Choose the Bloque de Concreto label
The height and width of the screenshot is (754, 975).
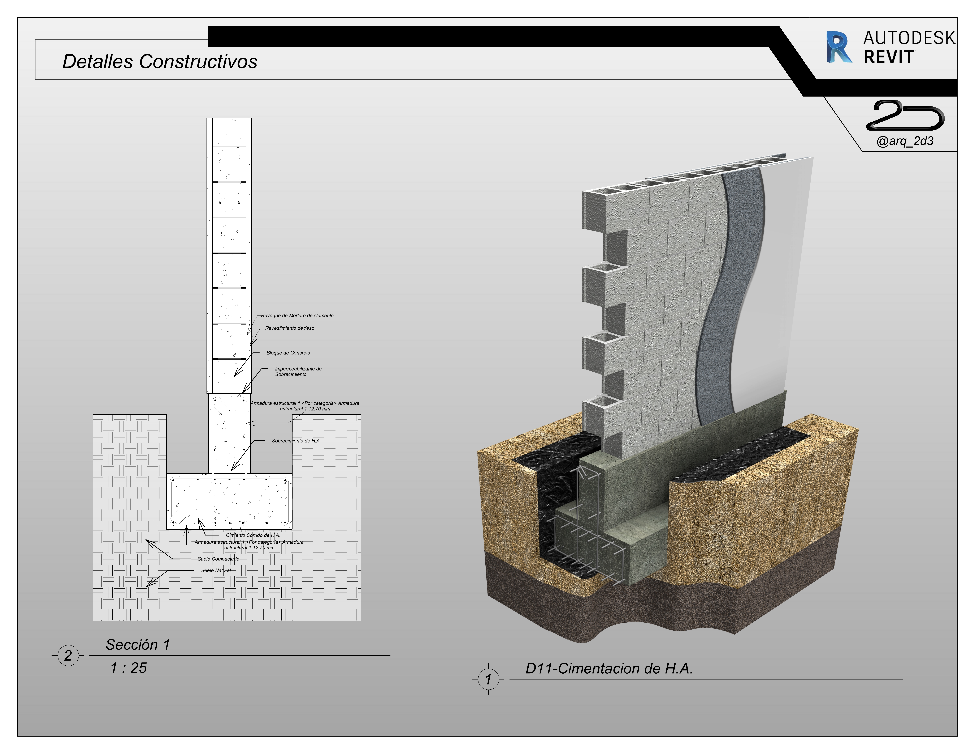288,353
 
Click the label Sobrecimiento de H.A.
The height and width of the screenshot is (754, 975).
296,441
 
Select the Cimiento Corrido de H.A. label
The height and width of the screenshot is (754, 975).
253,535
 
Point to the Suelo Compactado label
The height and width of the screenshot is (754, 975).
218,559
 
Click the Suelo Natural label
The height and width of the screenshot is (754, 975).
216,570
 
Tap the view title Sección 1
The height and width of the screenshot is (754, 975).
138,645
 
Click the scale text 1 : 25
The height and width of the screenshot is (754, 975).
129,668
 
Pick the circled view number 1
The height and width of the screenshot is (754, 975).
488,679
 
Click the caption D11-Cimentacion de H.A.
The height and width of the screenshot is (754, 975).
609,669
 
